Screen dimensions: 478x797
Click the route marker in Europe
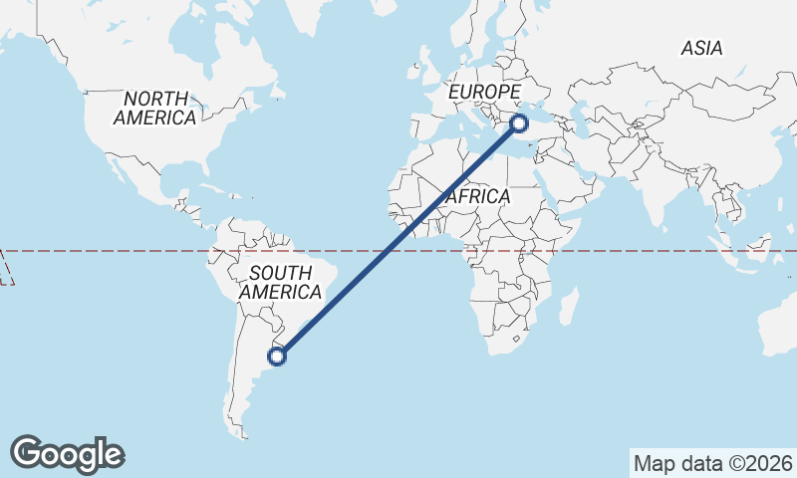[x=519, y=123]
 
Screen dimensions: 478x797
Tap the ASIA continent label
[x=701, y=48]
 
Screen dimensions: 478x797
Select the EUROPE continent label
[x=485, y=93]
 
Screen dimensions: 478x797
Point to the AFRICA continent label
[x=478, y=197]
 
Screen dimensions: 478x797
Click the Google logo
[x=68, y=454]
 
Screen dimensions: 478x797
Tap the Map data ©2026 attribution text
[x=712, y=464]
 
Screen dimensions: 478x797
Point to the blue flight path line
[x=398, y=240]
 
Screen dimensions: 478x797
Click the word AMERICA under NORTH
[x=154, y=118]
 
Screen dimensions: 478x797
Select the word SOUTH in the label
[x=280, y=273]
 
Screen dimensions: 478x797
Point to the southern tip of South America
[x=242, y=431]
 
